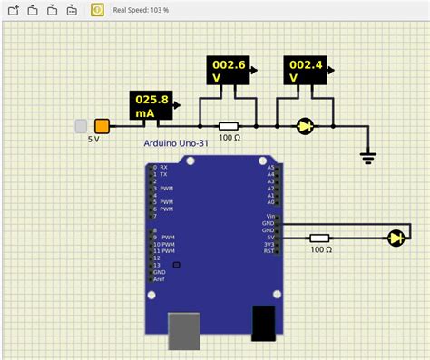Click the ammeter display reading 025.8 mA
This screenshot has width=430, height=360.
(x=150, y=105)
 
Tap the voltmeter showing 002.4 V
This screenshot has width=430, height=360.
(x=305, y=71)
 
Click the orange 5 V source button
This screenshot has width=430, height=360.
(x=102, y=126)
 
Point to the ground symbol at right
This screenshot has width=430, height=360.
(x=367, y=156)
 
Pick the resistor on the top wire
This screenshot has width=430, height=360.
(x=229, y=127)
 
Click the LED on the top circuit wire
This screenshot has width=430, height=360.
(x=305, y=127)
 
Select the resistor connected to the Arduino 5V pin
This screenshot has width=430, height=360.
(x=319, y=238)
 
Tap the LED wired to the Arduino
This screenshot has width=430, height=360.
(x=396, y=238)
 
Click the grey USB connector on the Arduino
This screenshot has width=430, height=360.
(x=185, y=331)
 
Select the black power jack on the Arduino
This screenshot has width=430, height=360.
(x=263, y=324)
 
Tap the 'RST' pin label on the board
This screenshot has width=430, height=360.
(x=269, y=251)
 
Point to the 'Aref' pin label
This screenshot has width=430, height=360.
(x=160, y=278)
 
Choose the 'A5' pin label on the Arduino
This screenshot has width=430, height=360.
(x=270, y=168)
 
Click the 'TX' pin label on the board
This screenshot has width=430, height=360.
(x=163, y=174)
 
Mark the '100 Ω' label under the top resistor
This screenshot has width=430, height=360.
(x=229, y=139)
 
